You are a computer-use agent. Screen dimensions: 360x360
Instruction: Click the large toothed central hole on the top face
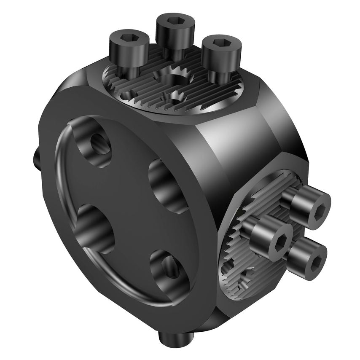click(174, 80)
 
